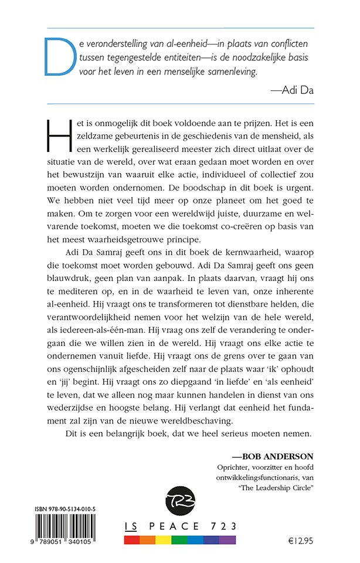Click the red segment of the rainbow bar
(135, 538)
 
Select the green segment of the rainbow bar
(180, 538)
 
